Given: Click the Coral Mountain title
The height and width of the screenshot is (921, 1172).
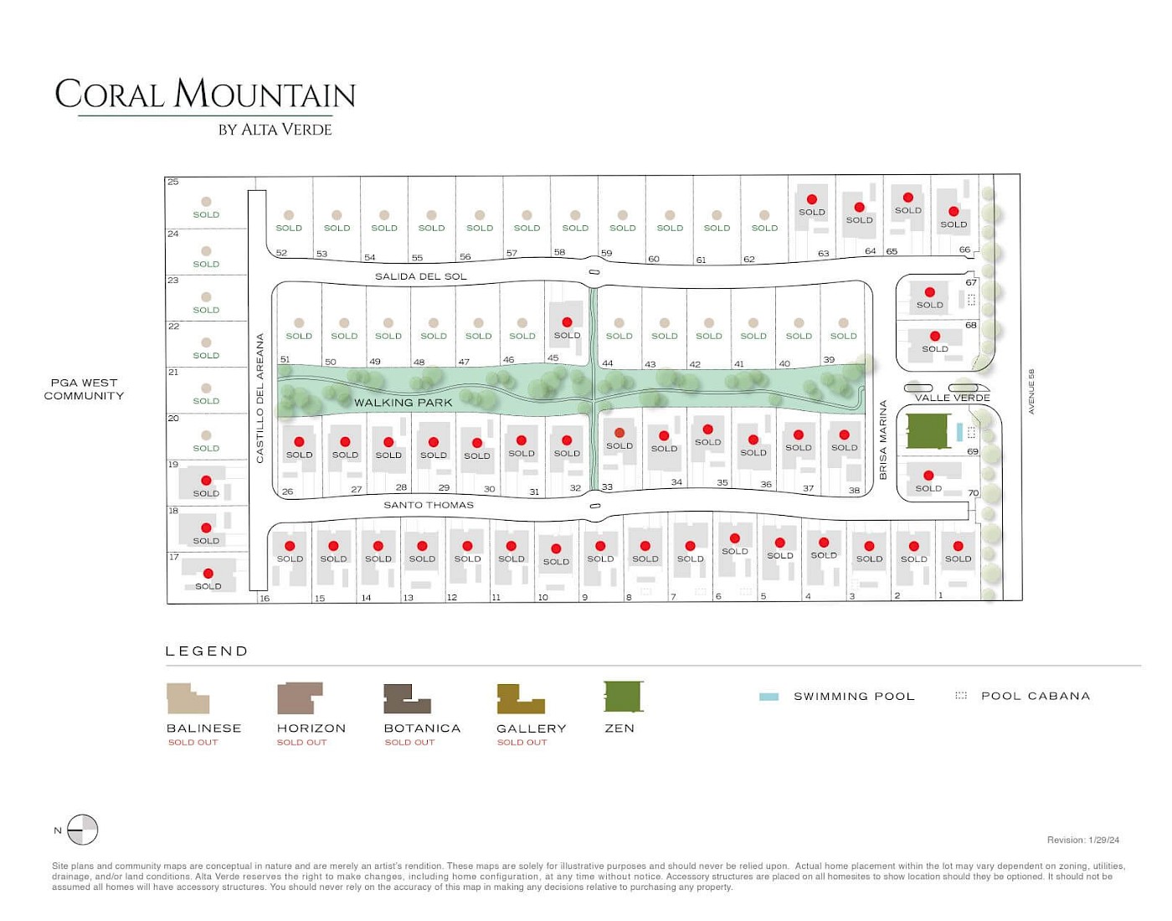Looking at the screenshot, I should [205, 94].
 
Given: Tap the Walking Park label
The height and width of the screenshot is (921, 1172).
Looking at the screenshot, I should [403, 403].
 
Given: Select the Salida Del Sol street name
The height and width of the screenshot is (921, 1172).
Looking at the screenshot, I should [420, 276].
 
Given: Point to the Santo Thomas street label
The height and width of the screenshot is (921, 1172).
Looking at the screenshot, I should [429, 505].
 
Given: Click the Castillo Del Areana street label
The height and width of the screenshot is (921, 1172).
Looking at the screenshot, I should [260, 398].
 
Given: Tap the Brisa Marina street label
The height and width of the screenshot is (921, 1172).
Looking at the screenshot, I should [882, 440].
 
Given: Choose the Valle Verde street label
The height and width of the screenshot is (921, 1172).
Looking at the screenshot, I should [952, 398].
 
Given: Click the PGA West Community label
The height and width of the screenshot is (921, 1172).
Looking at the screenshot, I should [84, 389].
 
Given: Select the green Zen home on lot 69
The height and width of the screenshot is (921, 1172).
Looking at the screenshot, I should [927, 431].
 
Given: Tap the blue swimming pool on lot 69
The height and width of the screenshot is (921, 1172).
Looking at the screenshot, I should [959, 432].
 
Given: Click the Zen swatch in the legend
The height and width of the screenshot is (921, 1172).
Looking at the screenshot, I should [623, 697].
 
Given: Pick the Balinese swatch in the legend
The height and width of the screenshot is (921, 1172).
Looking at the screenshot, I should [188, 698].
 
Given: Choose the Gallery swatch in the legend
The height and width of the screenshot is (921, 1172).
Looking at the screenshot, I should [520, 699].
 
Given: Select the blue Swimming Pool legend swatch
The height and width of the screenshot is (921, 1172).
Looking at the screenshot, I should [768, 697].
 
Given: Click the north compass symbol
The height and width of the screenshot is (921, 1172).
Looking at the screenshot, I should [82, 830].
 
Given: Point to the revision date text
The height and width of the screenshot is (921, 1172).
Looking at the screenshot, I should [1082, 840].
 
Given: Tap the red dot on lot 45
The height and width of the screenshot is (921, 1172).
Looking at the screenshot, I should [567, 322].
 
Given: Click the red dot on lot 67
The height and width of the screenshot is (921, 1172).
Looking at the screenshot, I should [929, 292].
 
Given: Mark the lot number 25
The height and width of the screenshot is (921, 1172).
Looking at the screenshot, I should [172, 182].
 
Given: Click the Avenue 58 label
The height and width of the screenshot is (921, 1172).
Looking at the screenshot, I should [1031, 391].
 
